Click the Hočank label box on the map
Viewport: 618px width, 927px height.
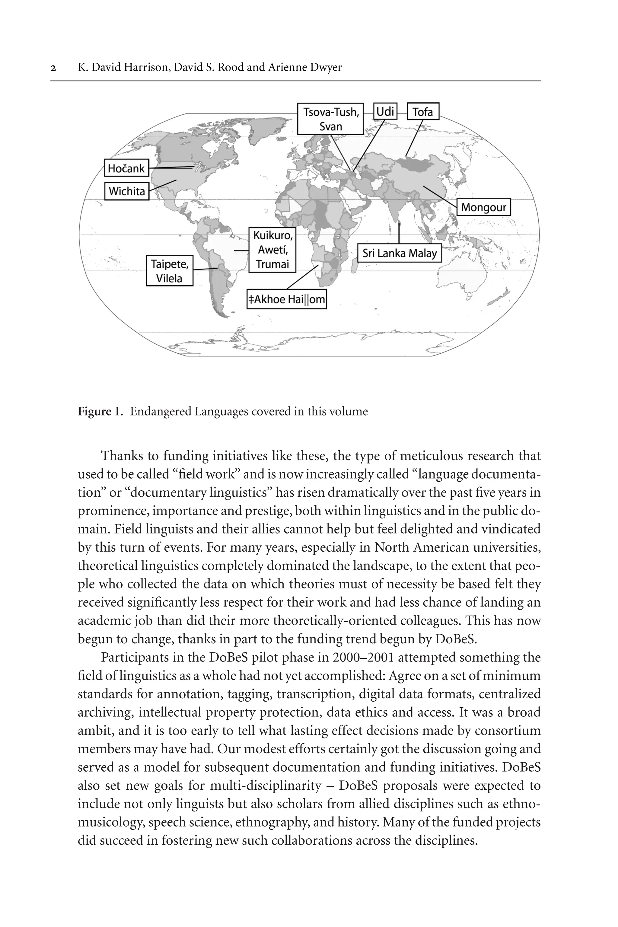pyautogui.click(x=126, y=168)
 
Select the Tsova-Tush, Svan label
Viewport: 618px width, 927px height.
pyautogui.click(x=330, y=119)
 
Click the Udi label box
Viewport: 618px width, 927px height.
pyautogui.click(x=385, y=112)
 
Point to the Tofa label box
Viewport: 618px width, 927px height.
pyautogui.click(x=422, y=112)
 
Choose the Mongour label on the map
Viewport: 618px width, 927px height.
pyautogui.click(x=483, y=207)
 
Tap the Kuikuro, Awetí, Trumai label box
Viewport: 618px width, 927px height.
pyautogui.click(x=272, y=250)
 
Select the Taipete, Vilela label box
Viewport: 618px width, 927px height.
pyautogui.click(x=170, y=271)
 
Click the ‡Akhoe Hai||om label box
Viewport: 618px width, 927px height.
pyautogui.click(x=287, y=300)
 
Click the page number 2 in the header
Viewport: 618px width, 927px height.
pyautogui.click(x=53, y=68)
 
